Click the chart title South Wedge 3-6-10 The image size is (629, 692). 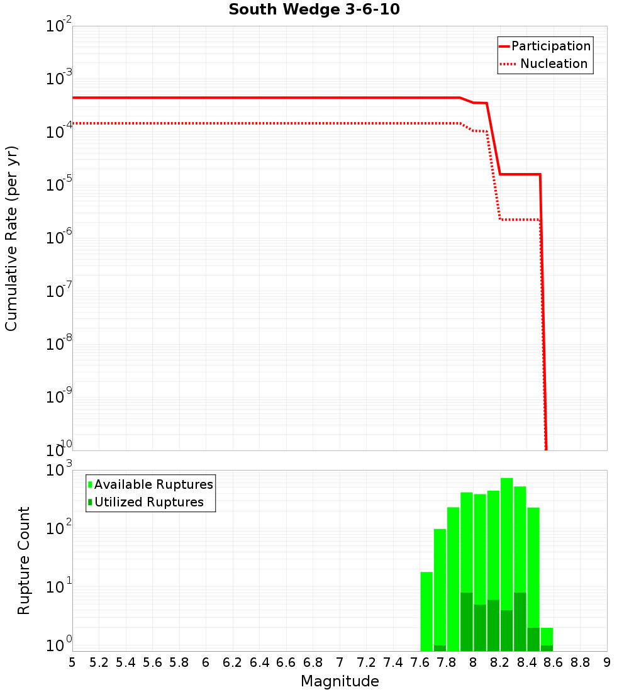click(x=314, y=10)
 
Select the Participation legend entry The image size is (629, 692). click(x=550, y=46)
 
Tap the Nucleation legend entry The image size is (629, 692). click(x=553, y=64)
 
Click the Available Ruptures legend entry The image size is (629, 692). click(x=153, y=484)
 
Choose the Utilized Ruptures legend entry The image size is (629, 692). click(x=148, y=502)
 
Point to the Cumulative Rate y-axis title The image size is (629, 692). click(x=11, y=238)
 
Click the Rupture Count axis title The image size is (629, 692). click(x=24, y=561)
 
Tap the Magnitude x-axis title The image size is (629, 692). click(x=340, y=681)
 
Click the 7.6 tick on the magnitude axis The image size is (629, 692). click(x=420, y=662)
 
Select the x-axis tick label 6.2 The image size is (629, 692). click(x=233, y=662)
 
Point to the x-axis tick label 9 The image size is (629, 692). click(x=607, y=662)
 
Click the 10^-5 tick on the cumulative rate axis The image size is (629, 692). click(x=59, y=185)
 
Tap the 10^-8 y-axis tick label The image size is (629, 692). click(x=59, y=344)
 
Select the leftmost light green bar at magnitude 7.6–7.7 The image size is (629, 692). click(x=426, y=610)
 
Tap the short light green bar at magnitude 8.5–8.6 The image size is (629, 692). click(x=547, y=635)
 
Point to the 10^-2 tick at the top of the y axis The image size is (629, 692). click(x=59, y=26)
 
